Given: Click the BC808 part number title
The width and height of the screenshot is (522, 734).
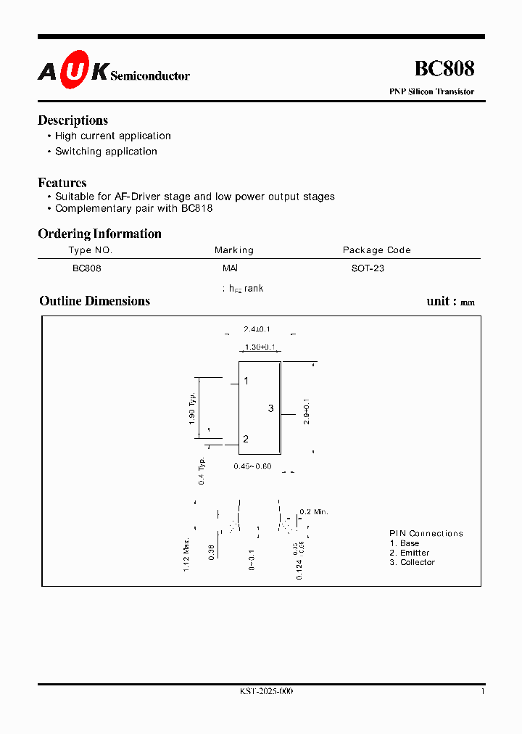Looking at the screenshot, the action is (444, 69).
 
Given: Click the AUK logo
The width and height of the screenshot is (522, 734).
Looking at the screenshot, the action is (73, 70).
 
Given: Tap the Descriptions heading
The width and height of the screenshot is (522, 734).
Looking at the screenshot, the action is (72, 120).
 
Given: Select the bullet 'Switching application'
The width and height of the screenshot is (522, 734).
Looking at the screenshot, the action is (106, 152).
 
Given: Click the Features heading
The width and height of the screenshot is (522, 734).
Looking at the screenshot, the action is (62, 183).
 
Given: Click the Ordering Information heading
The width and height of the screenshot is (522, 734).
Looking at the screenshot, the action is (99, 234).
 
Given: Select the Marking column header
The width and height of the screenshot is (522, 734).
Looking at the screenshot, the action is (234, 250).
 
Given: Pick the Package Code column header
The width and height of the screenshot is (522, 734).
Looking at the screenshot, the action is (376, 250).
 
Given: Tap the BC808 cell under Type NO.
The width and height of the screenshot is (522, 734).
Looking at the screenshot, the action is (87, 268).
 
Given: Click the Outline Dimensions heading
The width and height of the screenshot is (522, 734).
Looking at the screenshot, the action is (94, 301).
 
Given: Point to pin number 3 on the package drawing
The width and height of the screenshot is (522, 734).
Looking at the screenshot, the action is (270, 409).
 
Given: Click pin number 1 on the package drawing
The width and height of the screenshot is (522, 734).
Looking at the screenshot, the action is (246, 382).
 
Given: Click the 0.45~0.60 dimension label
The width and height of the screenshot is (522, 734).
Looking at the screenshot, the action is (252, 466).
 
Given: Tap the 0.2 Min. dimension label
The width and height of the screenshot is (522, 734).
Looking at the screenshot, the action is (314, 512).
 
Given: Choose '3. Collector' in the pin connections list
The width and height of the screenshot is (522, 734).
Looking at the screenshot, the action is (412, 562).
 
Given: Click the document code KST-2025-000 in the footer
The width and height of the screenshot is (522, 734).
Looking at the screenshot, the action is (266, 692).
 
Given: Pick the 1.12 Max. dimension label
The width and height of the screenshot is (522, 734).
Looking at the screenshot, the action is (186, 555).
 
